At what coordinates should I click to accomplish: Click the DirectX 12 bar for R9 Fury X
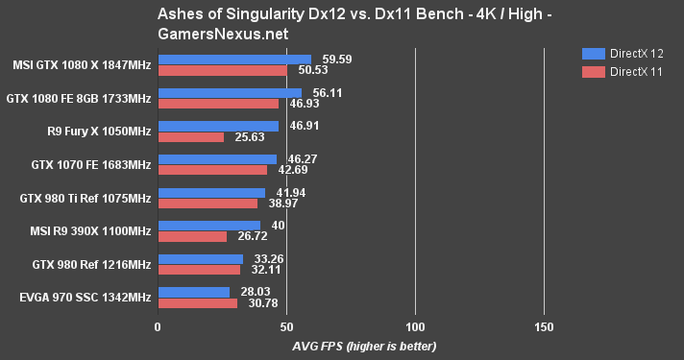(x=218, y=126)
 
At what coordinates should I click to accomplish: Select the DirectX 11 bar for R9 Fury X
(x=190, y=137)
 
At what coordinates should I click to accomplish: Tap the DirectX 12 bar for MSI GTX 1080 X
(x=234, y=60)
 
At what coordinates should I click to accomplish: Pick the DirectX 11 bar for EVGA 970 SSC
(x=197, y=303)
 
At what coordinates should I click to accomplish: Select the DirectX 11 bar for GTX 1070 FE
(x=212, y=170)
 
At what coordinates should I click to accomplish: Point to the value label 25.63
(x=244, y=137)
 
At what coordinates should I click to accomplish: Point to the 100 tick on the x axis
(x=415, y=327)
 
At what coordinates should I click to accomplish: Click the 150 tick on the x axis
(x=544, y=327)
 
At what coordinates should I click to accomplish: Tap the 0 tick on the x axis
(x=158, y=327)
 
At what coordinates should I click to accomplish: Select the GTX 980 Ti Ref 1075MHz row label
(x=85, y=199)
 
